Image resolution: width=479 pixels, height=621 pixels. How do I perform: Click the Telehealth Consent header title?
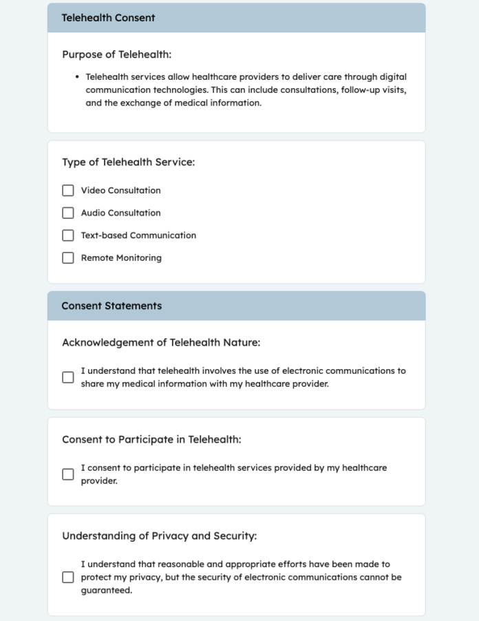point(108,18)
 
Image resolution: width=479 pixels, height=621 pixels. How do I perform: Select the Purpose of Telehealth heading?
point(116,54)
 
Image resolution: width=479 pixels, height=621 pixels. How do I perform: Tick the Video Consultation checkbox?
point(68,191)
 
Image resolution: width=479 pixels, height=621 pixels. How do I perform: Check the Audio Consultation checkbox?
point(68,213)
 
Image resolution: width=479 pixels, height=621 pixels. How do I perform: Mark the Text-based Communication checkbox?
point(68,235)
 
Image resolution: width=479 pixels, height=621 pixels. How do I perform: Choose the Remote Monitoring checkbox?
point(68,258)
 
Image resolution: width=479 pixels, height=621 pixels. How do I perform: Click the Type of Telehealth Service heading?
point(128,162)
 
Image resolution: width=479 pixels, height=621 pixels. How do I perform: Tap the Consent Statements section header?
point(111,306)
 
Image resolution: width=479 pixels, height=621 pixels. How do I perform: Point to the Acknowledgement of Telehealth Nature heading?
point(161,342)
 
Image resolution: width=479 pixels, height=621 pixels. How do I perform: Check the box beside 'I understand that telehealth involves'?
point(68,377)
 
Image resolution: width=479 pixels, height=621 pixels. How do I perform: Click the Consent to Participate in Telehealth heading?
point(151,439)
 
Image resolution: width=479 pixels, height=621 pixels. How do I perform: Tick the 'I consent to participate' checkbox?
point(68,474)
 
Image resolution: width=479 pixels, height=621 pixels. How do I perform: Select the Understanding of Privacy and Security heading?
point(160,536)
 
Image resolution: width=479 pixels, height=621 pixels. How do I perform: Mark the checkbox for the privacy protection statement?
point(68,578)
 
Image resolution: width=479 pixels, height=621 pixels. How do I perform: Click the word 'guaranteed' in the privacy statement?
point(106,591)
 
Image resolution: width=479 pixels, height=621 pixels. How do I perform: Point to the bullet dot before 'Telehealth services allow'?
point(77,77)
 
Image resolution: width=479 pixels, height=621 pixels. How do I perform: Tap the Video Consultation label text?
point(120,191)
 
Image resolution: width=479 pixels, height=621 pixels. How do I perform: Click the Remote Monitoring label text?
point(121,258)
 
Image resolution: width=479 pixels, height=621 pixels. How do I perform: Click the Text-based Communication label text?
point(138,235)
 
